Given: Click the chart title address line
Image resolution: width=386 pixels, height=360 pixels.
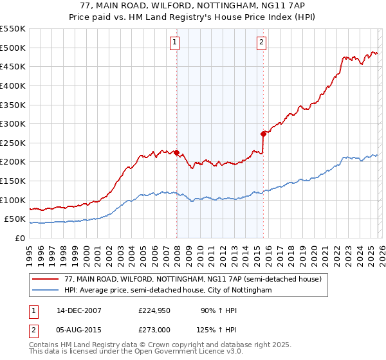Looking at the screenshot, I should pyautogui.click(x=193, y=6).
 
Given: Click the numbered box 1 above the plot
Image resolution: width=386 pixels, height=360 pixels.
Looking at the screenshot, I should pyautogui.click(x=174, y=43).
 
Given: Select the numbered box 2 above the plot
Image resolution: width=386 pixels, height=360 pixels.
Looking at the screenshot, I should pyautogui.click(x=262, y=43).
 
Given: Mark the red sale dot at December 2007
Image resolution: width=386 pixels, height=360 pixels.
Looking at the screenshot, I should pyautogui.click(x=176, y=152).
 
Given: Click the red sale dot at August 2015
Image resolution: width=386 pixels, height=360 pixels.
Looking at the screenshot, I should pyautogui.click(x=263, y=134).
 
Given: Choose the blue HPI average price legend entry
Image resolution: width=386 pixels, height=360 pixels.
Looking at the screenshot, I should pyautogui.click(x=168, y=291).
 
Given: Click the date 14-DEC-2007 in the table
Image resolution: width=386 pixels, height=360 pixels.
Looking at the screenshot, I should pyautogui.click(x=79, y=310).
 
